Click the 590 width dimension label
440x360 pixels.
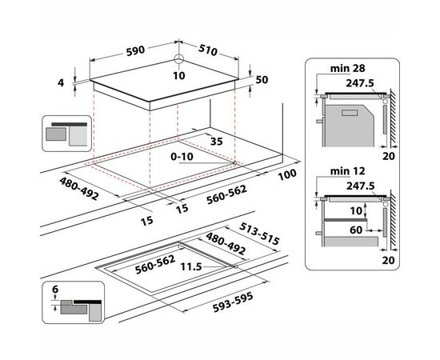click(135, 50)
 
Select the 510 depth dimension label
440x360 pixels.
click(208, 50)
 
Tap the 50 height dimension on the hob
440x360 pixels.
click(262, 80)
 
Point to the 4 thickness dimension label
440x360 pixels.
click(61, 83)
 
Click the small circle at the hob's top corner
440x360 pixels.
click(178, 59)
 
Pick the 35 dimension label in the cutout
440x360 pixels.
click(216, 142)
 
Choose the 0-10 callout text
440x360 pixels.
click(182, 157)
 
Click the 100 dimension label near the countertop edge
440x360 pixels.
click(287, 174)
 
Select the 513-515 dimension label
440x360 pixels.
click(259, 234)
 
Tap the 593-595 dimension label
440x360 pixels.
click(233, 302)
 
